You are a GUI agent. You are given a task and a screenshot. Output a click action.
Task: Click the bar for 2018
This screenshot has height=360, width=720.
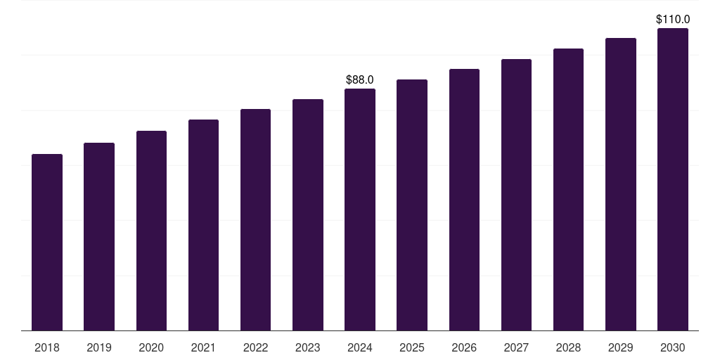pyautogui.click(x=47, y=243)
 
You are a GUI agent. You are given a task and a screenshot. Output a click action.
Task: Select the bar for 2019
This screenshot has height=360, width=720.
pyautogui.click(x=99, y=237)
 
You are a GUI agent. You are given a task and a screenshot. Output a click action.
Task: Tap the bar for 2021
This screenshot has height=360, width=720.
pyautogui.click(x=203, y=225)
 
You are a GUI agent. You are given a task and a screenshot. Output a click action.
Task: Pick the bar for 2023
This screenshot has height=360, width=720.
pyautogui.click(x=308, y=215)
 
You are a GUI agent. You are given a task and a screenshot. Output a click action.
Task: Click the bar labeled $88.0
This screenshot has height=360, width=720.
pyautogui.click(x=360, y=210)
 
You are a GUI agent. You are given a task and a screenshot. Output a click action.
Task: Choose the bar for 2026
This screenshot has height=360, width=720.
pyautogui.click(x=464, y=200)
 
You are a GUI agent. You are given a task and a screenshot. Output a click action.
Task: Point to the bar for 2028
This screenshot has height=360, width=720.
pyautogui.click(x=568, y=190)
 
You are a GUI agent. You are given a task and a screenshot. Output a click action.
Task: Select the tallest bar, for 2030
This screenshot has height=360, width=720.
pyautogui.click(x=673, y=179)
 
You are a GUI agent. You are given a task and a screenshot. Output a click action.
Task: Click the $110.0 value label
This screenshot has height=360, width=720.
pyautogui.click(x=673, y=19)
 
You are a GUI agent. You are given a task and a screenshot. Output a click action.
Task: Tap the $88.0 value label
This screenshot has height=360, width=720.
pyautogui.click(x=360, y=80)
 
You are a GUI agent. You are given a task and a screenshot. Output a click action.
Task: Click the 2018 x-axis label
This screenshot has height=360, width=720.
pyautogui.click(x=47, y=347)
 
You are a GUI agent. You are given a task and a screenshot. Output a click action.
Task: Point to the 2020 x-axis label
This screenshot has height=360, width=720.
pyautogui.click(x=151, y=347)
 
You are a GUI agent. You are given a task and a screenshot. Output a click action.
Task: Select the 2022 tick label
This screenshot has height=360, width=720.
pyautogui.click(x=255, y=347)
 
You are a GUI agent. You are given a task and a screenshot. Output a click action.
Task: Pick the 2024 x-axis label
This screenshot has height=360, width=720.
pyautogui.click(x=360, y=347)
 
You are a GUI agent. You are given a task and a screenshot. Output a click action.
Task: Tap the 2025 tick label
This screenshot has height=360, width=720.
pyautogui.click(x=412, y=347)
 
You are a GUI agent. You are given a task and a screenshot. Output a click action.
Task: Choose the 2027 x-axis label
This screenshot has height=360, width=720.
pyautogui.click(x=516, y=347)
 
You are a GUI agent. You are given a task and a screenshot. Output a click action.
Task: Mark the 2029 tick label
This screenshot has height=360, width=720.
pyautogui.click(x=620, y=347)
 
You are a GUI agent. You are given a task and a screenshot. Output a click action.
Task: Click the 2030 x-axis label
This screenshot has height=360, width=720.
pyautogui.click(x=673, y=347)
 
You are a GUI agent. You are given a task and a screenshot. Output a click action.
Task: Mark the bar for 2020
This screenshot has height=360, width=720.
pyautogui.click(x=152, y=231)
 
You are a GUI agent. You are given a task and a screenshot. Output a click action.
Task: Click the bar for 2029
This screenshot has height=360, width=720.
pyautogui.click(x=621, y=185)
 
